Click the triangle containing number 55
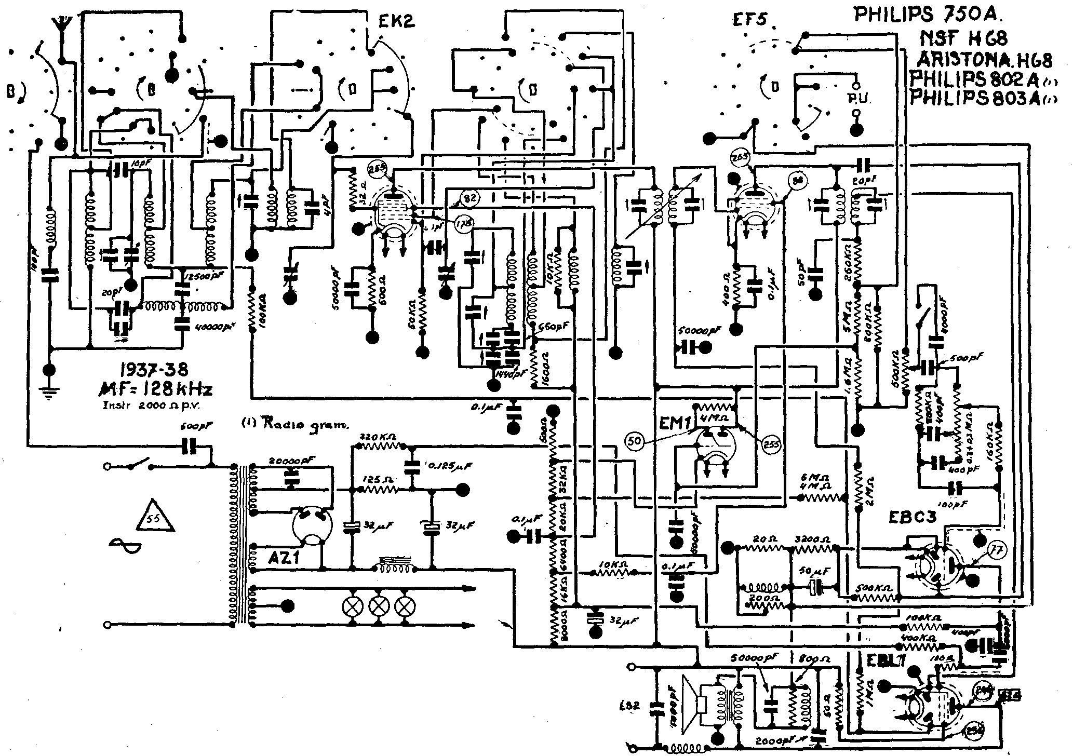tap(154, 518)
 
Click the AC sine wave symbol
tap(126, 544)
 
